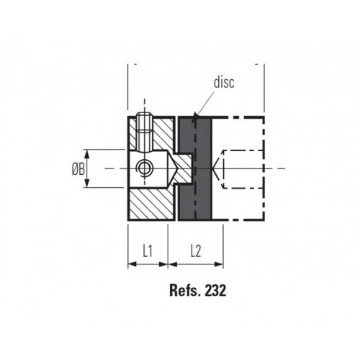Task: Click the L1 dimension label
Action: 147,251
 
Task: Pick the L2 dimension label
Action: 195,251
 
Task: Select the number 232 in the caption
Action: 215,292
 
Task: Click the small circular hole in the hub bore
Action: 144,168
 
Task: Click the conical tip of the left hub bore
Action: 175,168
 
